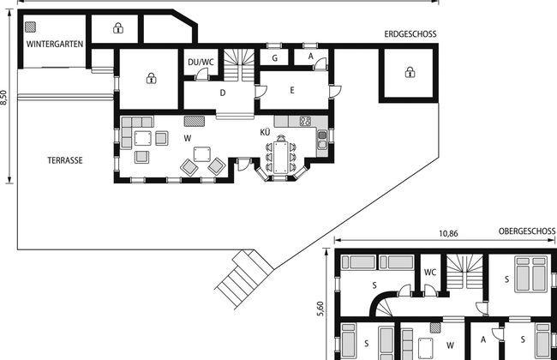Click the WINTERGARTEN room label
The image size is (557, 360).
(55, 44)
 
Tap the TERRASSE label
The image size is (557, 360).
(65, 160)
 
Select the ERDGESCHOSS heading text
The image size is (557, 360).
(410, 34)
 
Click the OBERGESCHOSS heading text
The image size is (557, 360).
(527, 231)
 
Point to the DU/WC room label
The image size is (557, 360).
(201, 63)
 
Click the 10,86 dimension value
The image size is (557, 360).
(448, 234)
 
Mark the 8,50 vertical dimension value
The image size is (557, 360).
(3, 98)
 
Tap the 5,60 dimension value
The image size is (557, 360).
(320, 309)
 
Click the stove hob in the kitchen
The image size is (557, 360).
(305, 121)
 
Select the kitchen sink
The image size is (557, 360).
(322, 140)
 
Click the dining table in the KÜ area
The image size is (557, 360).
(280, 158)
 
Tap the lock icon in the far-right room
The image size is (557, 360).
(410, 72)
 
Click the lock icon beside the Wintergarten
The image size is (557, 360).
(118, 27)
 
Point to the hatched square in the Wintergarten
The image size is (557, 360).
(31, 27)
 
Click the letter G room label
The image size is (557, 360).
(274, 58)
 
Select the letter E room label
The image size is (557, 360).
(292, 90)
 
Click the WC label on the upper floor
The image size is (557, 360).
(430, 273)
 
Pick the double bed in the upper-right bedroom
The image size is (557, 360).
(531, 274)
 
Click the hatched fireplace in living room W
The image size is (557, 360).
(195, 121)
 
